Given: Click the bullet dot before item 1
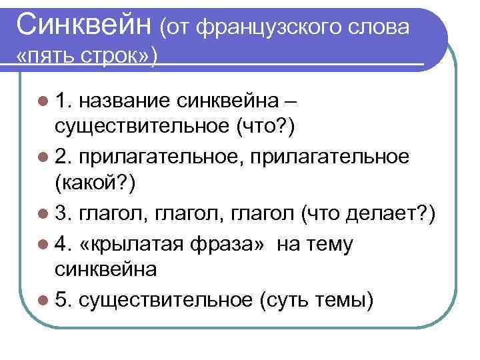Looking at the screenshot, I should tap(43, 101).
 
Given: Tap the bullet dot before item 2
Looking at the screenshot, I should tap(43, 155).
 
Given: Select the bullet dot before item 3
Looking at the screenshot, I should tap(43, 214).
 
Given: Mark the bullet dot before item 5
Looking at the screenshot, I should tap(43, 301).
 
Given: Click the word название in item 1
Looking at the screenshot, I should tap(126, 101).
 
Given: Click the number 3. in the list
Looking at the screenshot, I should tap(63, 214).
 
